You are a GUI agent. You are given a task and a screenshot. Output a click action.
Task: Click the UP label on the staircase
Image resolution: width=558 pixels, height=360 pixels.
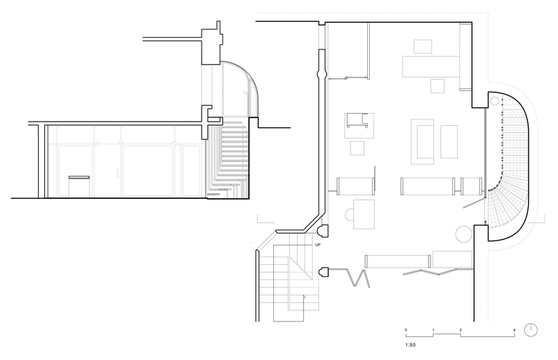click(x=318, y=245)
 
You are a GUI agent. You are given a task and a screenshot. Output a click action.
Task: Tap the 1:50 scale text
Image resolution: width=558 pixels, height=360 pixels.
click(x=410, y=345)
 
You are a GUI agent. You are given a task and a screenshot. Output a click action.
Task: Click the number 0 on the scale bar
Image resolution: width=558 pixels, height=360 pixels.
click(x=406, y=330)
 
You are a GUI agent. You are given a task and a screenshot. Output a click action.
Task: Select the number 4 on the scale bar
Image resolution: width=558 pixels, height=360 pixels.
click(x=514, y=330)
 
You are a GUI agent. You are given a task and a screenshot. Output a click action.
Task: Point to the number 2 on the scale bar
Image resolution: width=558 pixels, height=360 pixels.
click(x=461, y=330)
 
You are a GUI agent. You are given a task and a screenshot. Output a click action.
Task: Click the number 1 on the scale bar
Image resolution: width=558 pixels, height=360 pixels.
click(x=433, y=330)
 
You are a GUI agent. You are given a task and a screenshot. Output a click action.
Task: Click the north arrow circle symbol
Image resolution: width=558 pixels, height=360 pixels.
click(x=531, y=330)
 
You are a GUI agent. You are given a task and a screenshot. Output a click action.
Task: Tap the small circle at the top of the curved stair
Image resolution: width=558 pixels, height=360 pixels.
click(x=494, y=100)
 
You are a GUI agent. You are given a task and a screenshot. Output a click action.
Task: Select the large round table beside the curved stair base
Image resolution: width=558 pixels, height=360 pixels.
click(x=464, y=234)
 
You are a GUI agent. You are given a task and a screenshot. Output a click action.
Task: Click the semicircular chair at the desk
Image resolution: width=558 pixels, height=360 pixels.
click(x=349, y=214)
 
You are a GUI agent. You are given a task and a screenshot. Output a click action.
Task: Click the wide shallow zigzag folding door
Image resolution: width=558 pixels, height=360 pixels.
click(x=439, y=272)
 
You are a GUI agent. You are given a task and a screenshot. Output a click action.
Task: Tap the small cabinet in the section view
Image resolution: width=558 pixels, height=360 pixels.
click(x=79, y=186)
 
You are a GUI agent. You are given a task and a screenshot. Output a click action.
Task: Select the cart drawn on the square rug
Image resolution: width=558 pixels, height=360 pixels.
click(x=357, y=120)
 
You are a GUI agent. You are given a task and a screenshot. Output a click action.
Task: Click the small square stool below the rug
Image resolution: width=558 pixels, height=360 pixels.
click(x=357, y=148)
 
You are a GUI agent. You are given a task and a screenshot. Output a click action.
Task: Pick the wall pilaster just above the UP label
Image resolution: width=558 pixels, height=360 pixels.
click(x=323, y=231)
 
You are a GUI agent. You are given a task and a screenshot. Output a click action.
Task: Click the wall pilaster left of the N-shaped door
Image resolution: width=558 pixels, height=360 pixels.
click(x=324, y=273)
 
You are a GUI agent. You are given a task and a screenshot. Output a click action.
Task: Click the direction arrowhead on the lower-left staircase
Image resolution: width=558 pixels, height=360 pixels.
click(x=304, y=296)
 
